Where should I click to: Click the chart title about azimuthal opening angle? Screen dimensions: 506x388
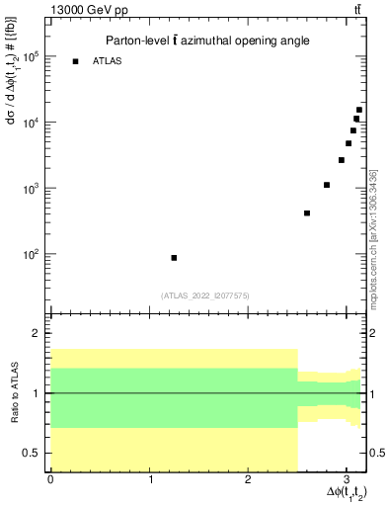pyautogui.click(x=207, y=41)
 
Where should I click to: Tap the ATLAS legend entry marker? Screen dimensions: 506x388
pyautogui.click(x=75, y=62)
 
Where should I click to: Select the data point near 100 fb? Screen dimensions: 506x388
pyautogui.click(x=174, y=257)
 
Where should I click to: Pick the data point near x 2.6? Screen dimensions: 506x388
pyautogui.click(x=307, y=213)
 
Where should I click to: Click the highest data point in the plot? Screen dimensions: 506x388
pyautogui.click(x=359, y=110)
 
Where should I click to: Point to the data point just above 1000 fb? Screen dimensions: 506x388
pyautogui.click(x=327, y=185)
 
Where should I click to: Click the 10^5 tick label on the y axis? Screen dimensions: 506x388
pyautogui.click(x=30, y=56)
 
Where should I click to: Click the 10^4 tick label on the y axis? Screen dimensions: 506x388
pyautogui.click(x=30, y=123)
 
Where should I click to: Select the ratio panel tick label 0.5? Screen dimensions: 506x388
pyautogui.click(x=30, y=453)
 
